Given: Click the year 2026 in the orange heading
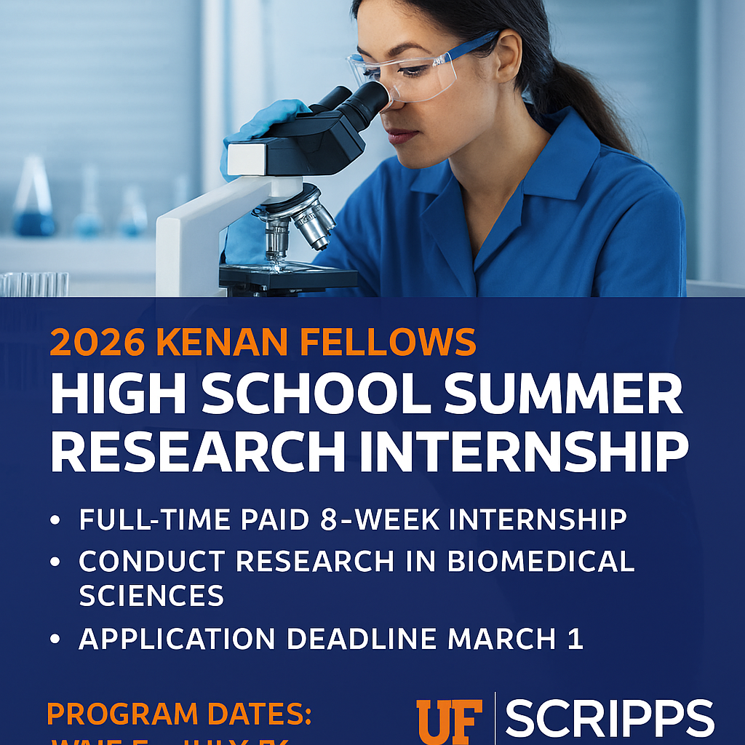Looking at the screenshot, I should [95, 342].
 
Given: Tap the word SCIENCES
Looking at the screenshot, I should [151, 595].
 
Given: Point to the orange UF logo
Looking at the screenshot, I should [449, 721].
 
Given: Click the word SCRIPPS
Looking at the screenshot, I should [610, 719].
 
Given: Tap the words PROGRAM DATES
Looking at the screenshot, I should [179, 714].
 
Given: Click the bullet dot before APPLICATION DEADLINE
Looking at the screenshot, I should [56, 640].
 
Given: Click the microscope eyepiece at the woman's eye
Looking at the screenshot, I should [367, 101].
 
